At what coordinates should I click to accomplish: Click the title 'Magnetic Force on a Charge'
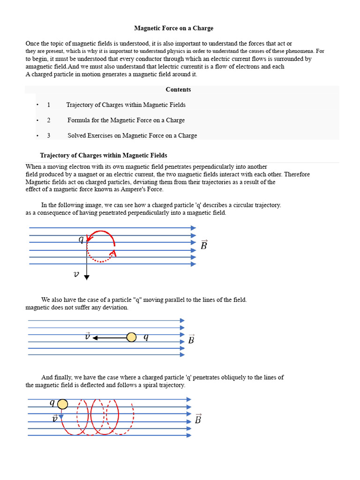point(174,28)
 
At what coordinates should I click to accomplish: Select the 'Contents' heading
point(178,90)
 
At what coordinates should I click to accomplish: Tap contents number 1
point(49,105)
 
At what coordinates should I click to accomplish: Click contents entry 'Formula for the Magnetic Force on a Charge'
point(126,120)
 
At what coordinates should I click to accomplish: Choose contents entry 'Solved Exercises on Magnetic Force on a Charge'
point(132,135)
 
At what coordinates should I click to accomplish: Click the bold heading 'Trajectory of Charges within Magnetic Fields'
point(104,155)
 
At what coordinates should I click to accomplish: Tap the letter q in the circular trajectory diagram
point(81,240)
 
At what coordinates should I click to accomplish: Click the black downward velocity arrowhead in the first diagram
point(87,277)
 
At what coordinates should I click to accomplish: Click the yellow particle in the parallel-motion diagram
point(132,337)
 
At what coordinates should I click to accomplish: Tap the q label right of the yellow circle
point(146,337)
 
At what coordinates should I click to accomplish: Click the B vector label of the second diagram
point(191,339)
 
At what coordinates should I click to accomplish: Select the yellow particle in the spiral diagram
point(62,404)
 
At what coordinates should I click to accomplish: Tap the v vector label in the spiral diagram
point(55,418)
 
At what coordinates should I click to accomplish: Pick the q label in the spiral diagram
point(52,403)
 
